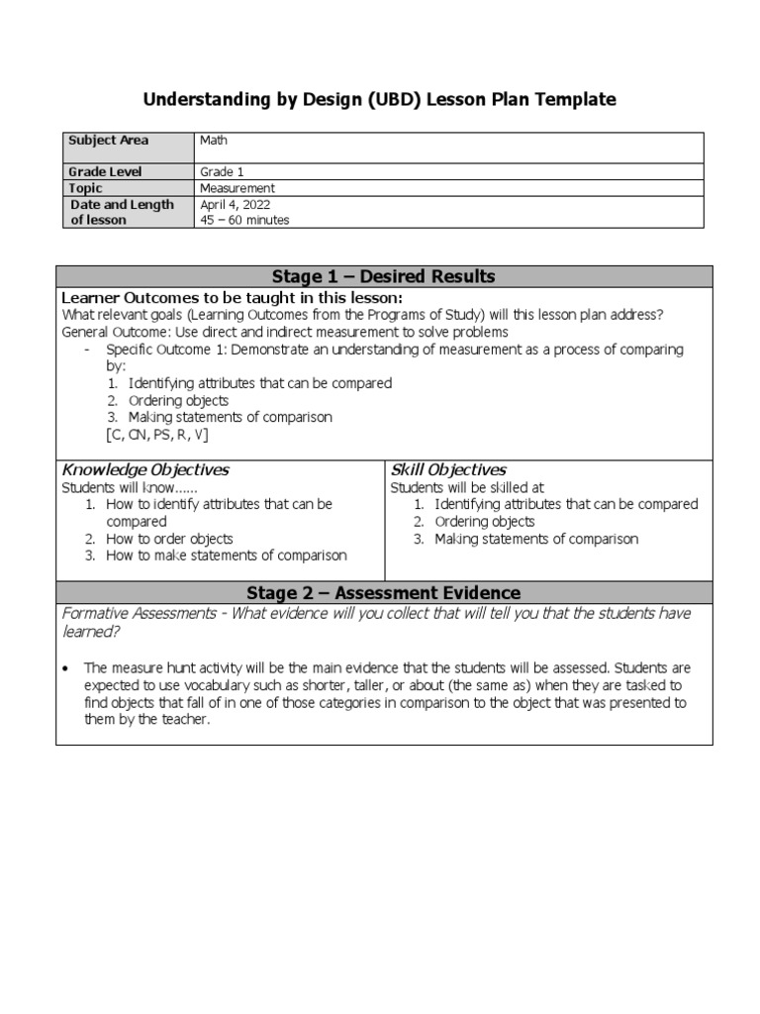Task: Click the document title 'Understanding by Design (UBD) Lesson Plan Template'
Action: [x=380, y=100]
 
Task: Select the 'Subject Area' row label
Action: [x=108, y=141]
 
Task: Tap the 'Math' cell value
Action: [x=213, y=141]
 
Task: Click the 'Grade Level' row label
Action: [x=105, y=172]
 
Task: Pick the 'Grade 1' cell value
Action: [x=221, y=172]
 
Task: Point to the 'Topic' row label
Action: [x=85, y=188]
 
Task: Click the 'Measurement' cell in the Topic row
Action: [x=237, y=188]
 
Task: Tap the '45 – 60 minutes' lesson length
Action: [x=244, y=221]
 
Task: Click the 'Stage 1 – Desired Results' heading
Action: [x=383, y=276]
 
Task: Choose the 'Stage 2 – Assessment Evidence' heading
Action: [x=383, y=593]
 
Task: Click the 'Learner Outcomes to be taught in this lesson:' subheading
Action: [x=233, y=298]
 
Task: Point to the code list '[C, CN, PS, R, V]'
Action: [x=157, y=435]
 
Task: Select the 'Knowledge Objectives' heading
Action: [x=145, y=469]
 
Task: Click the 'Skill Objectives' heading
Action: [x=448, y=469]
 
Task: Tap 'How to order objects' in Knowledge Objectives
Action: [x=169, y=539]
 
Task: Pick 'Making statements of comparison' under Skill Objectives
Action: [x=536, y=539]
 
